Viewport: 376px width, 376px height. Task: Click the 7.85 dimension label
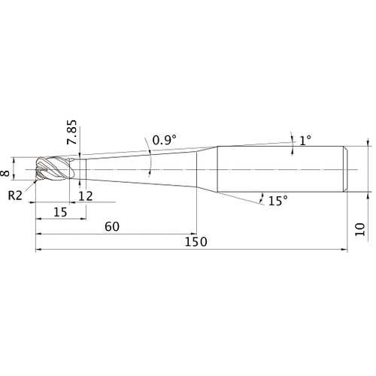71,132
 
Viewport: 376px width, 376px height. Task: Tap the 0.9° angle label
165,140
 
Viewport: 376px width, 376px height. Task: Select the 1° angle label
305,141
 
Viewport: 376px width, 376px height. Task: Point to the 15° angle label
278,201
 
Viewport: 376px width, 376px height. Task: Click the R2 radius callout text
15,196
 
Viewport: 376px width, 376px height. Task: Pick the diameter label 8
5,173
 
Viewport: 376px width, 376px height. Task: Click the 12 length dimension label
86,196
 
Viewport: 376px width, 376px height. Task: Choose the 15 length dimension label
61,212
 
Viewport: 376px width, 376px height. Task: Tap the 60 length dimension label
112,227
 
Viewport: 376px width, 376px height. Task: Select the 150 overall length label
196,242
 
